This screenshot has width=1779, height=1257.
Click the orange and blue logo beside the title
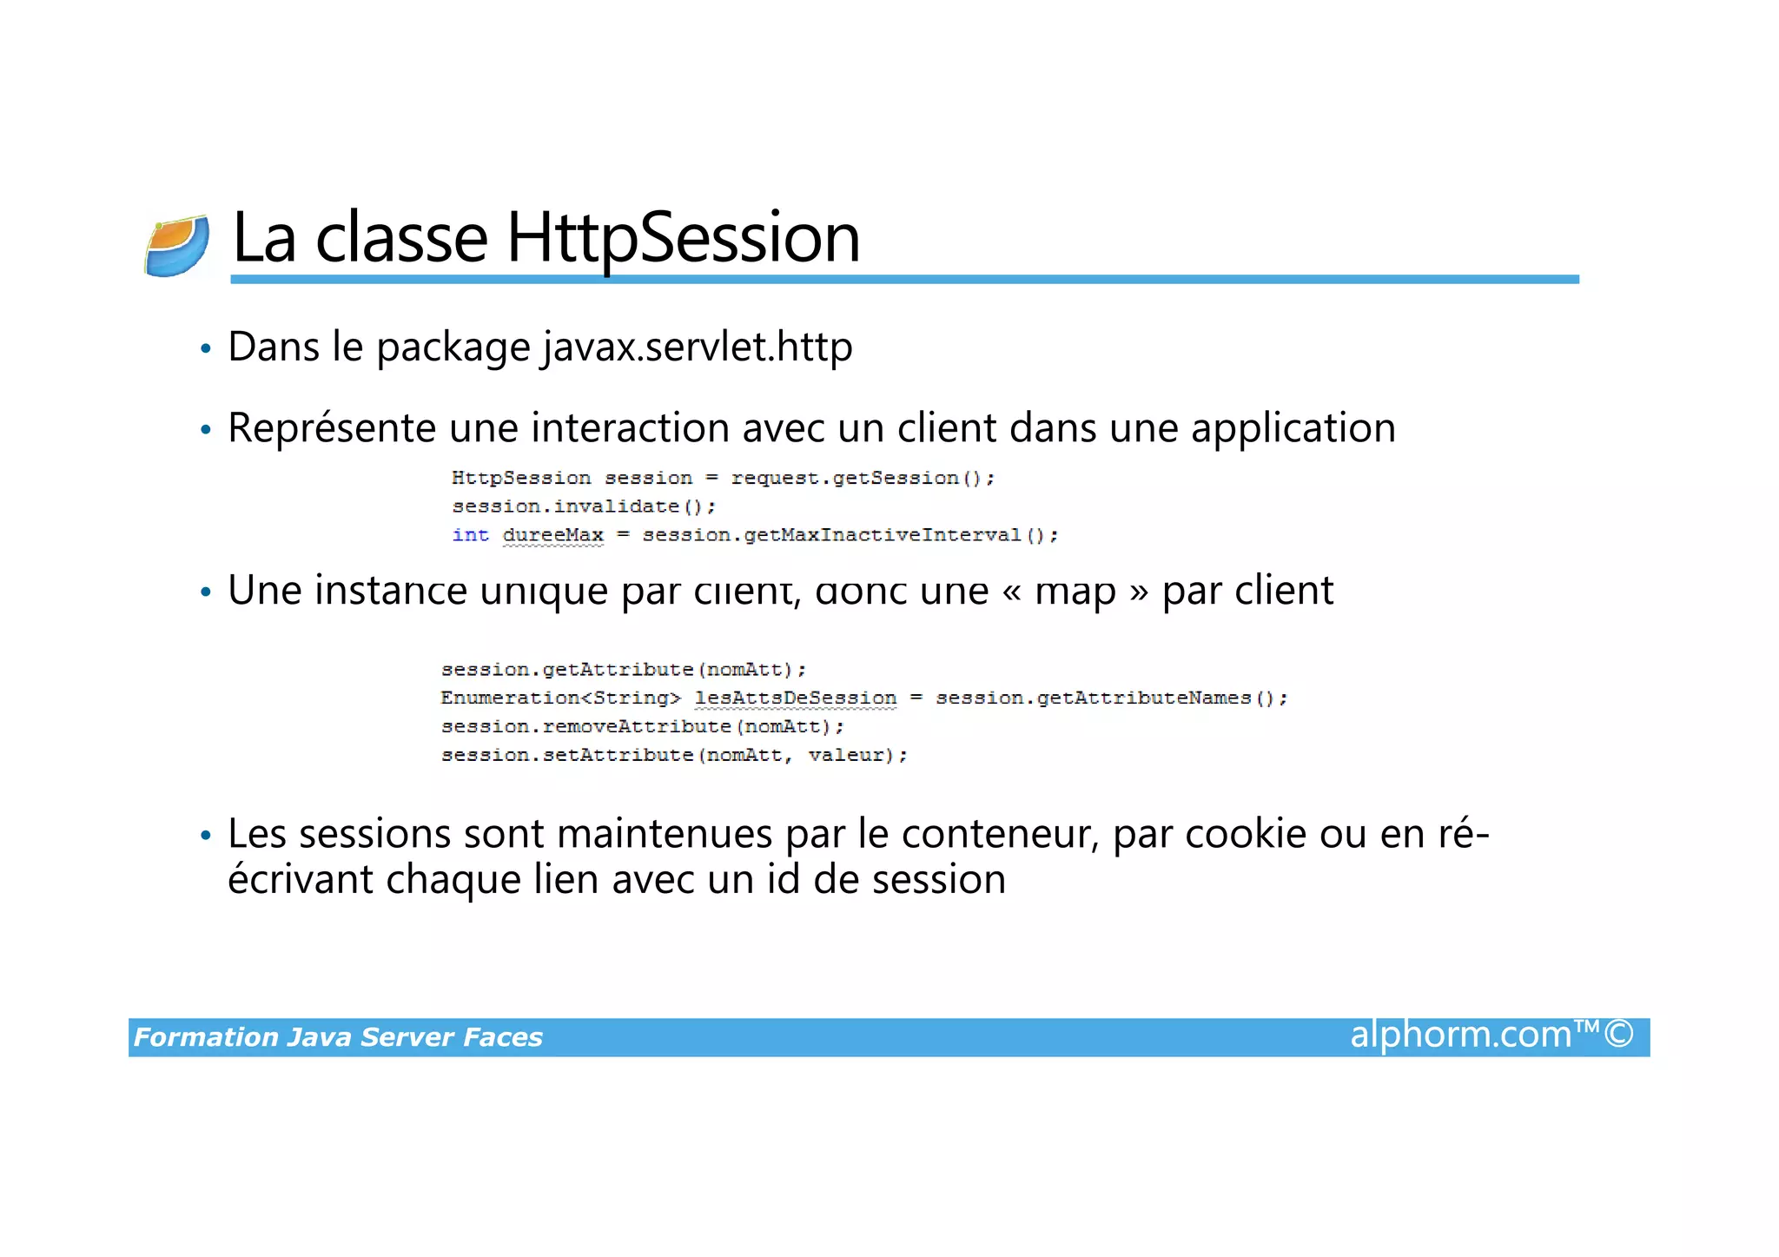coord(177,245)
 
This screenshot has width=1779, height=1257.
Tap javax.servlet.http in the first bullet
coord(698,347)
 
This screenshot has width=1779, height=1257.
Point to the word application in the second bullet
coord(1293,428)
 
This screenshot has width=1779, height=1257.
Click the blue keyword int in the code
coord(470,535)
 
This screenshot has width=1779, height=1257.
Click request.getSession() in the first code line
coord(862,478)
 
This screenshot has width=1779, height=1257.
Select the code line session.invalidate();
coord(583,506)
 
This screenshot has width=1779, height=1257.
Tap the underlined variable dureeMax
coord(552,535)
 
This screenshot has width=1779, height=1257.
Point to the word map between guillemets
coord(1075,591)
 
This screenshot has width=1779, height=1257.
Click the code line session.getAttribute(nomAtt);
coord(623,670)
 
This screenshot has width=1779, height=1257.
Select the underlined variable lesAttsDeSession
coord(795,698)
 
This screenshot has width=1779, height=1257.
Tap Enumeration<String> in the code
coord(559,698)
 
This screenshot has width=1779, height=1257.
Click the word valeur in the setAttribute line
coord(845,756)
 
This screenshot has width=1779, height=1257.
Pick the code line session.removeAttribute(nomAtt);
coord(642,727)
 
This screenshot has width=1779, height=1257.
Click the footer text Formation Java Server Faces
coord(338,1037)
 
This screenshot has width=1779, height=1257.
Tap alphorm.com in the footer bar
coord(1460,1035)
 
